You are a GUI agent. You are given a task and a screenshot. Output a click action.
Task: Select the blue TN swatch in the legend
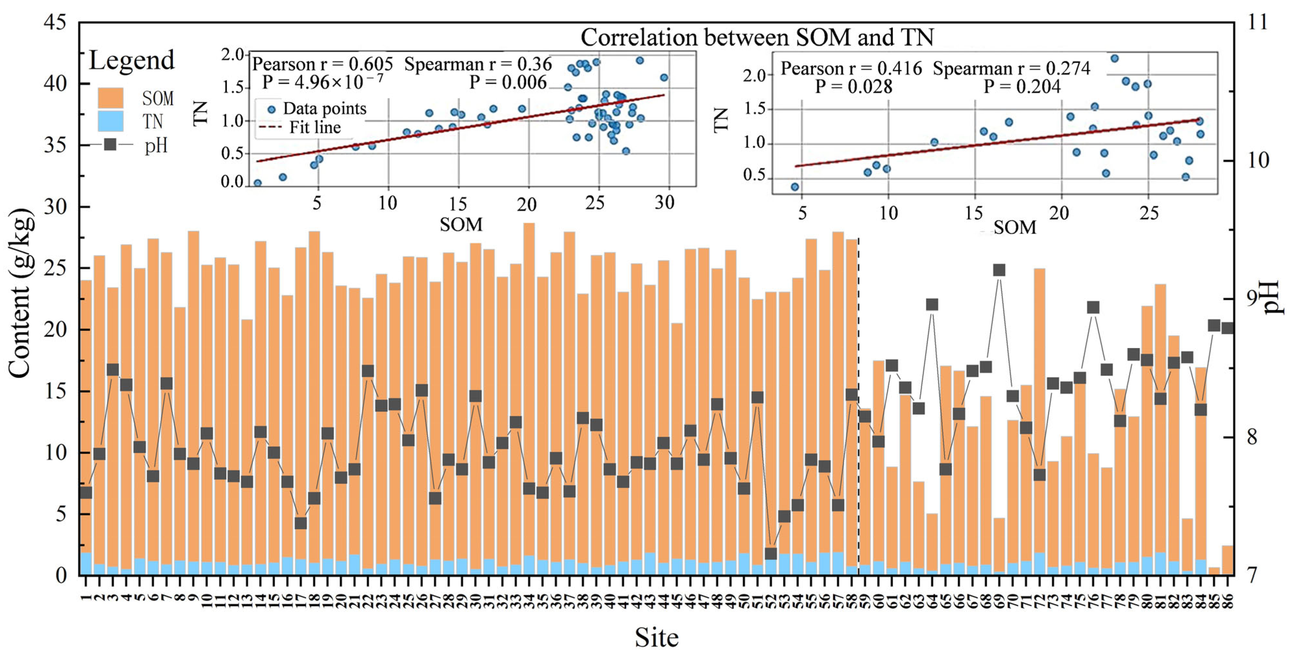(x=110, y=121)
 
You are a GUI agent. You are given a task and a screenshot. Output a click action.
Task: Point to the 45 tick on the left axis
(x=55, y=22)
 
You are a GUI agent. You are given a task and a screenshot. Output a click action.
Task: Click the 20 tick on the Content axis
(x=55, y=329)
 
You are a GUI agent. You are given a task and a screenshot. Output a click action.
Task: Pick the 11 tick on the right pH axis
(x=1257, y=22)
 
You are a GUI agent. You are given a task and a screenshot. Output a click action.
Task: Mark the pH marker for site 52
(x=771, y=553)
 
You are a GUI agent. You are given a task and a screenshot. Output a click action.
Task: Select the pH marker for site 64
(x=932, y=305)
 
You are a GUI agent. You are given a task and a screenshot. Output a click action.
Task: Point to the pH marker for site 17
(x=300, y=523)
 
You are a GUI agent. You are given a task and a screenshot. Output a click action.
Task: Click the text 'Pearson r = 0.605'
(x=322, y=64)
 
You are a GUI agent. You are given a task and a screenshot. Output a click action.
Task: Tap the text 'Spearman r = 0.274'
(x=1012, y=68)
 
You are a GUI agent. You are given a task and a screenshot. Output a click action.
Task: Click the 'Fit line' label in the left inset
(x=315, y=127)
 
